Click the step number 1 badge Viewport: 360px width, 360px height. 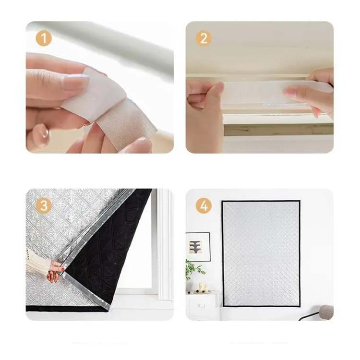coord(43,38)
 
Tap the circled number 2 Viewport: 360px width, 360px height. coord(204,38)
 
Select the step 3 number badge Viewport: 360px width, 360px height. coord(43,205)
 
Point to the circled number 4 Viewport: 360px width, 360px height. coord(204,205)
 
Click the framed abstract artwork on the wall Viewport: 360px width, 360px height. coord(198,247)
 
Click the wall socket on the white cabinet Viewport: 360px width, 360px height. coord(201,306)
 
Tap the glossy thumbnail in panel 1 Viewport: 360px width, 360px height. coord(41,135)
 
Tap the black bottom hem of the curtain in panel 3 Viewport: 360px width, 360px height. coord(67,309)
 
